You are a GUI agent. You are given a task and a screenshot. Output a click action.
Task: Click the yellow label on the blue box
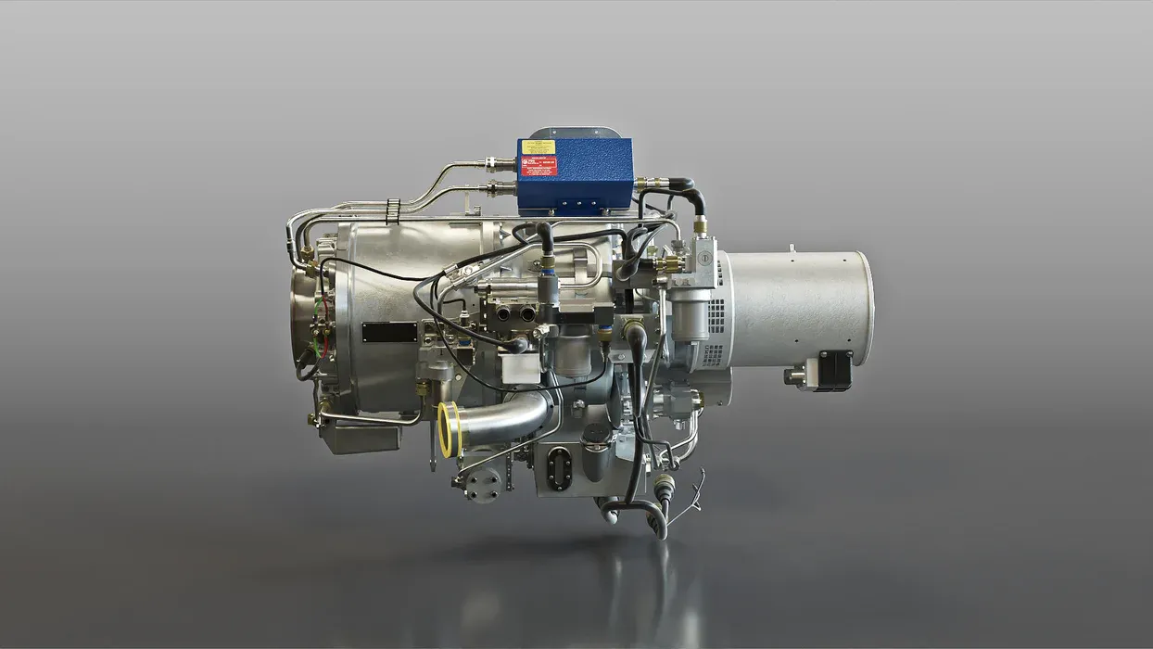click(x=538, y=146)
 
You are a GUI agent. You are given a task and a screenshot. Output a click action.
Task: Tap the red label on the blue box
click(x=538, y=166)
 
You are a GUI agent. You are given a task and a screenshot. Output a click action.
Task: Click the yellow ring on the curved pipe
click(x=448, y=429)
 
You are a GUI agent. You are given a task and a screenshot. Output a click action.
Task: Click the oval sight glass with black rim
click(x=559, y=468)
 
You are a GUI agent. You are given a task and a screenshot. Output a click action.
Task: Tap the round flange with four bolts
click(x=482, y=482)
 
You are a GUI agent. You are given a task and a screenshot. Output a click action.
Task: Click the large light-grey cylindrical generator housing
click(x=797, y=306)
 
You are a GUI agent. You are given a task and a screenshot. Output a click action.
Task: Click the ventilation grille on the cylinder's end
click(x=716, y=315)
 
